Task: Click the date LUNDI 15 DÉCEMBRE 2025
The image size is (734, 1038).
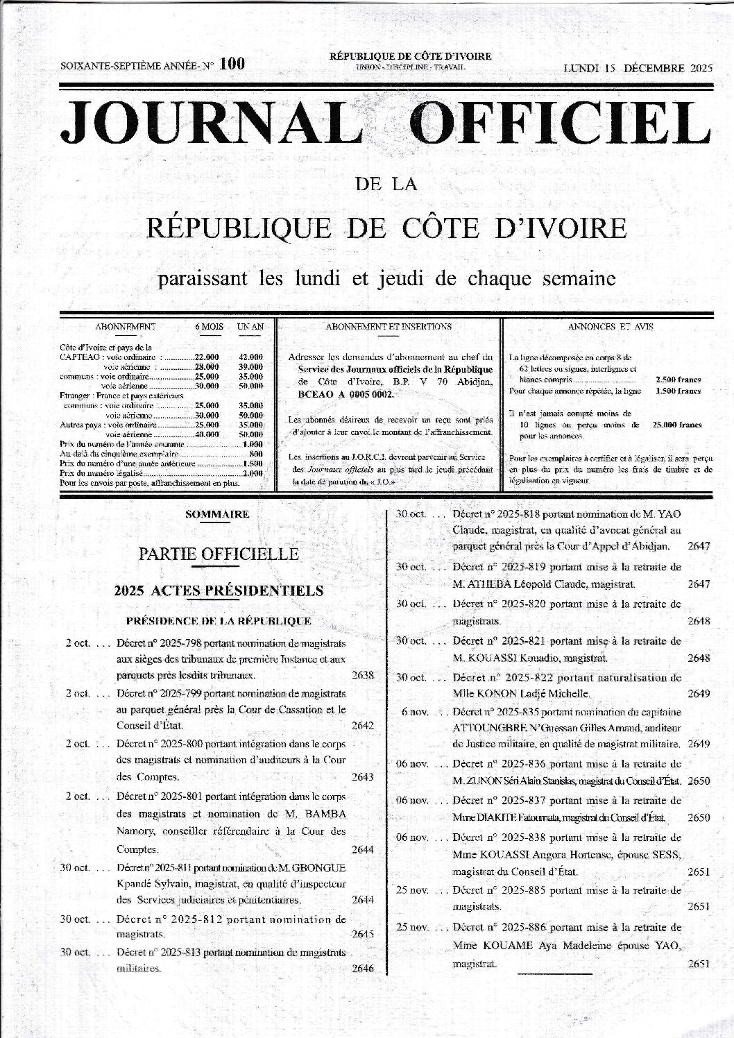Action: [638, 68]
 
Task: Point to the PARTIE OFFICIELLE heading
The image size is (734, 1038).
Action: [219, 554]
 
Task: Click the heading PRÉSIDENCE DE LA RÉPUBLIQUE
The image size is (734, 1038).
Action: [219, 620]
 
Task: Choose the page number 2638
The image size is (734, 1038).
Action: [363, 674]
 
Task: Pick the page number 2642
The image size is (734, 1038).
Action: [363, 726]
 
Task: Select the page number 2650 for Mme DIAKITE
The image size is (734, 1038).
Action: [699, 817]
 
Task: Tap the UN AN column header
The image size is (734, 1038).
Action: [250, 326]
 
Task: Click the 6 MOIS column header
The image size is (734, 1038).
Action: [208, 326]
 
